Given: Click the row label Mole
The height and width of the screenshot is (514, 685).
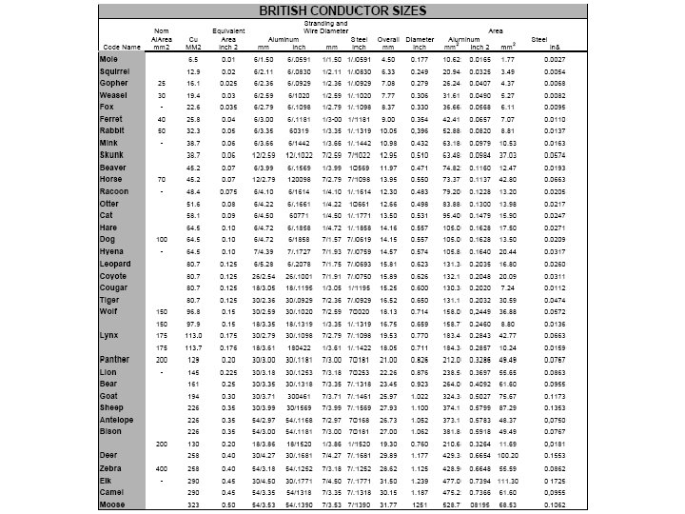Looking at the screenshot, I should tap(108, 59).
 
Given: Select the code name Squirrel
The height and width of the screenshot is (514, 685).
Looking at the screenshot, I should tap(115, 71).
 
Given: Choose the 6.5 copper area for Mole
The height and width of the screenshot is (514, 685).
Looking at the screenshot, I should tap(193, 59).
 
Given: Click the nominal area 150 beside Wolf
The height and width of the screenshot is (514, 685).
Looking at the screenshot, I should tap(163, 310).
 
